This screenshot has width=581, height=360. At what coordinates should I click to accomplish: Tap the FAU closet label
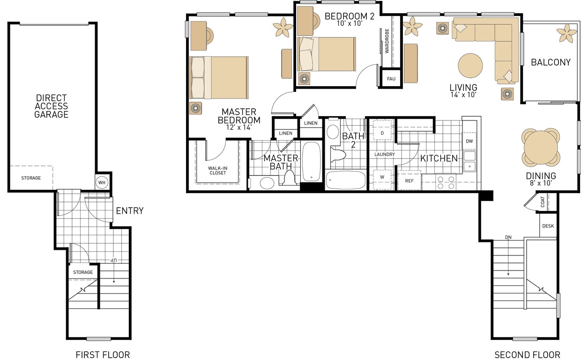tap(391, 79)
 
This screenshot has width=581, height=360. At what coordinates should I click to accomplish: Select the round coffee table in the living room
tap(470, 66)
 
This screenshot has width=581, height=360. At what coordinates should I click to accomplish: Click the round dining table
tap(541, 147)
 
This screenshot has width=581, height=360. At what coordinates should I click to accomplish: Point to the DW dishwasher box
tap(469, 141)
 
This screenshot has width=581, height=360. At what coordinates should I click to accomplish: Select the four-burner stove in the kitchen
tap(446, 182)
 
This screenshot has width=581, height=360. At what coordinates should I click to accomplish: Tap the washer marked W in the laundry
tap(382, 178)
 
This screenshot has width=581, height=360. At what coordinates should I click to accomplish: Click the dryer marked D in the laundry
tap(382, 133)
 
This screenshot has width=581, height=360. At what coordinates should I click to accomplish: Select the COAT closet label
tap(543, 202)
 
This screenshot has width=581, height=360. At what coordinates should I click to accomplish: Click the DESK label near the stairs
tap(548, 226)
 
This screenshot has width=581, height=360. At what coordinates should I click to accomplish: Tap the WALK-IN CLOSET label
tap(217, 170)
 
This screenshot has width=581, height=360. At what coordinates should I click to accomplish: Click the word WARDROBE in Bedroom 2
tap(387, 41)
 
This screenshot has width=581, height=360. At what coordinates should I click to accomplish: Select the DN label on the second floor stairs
tap(508, 237)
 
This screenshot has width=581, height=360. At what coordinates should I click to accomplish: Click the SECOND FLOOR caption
tap(527, 355)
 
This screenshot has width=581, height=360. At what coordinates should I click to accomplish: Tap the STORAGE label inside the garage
tap(31, 178)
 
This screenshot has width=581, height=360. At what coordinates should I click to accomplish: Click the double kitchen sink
tap(469, 161)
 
